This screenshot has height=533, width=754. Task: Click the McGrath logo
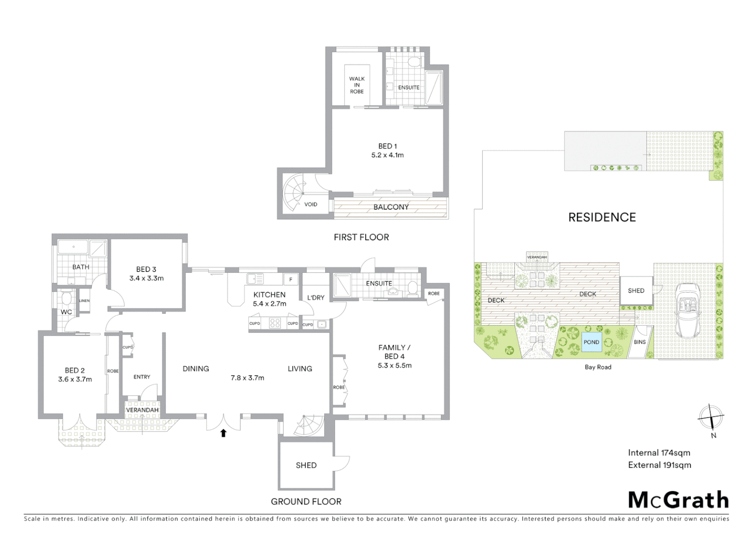click(x=679, y=500)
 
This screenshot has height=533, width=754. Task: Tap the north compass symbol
click(x=711, y=417)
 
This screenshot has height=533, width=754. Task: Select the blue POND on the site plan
click(x=591, y=342)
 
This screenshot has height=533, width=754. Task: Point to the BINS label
click(x=640, y=342)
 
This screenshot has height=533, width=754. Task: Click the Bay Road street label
click(x=598, y=367)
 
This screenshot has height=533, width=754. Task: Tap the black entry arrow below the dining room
click(x=223, y=433)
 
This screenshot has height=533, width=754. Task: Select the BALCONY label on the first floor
click(x=391, y=207)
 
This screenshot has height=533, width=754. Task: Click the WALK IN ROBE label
click(x=357, y=85)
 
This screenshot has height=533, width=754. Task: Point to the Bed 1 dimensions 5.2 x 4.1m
click(x=387, y=155)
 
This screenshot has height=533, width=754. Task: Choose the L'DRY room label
click(x=315, y=298)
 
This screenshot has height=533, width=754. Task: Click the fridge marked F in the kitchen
click(x=291, y=279)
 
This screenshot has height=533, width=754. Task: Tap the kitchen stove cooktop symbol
click(x=275, y=324)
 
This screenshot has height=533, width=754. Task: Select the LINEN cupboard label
click(x=84, y=301)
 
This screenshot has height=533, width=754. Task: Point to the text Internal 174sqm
click(x=659, y=453)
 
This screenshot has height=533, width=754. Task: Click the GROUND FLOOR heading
click(x=306, y=501)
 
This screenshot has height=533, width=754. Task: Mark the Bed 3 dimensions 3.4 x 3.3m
click(x=147, y=278)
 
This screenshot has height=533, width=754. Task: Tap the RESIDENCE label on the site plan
click(x=602, y=217)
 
